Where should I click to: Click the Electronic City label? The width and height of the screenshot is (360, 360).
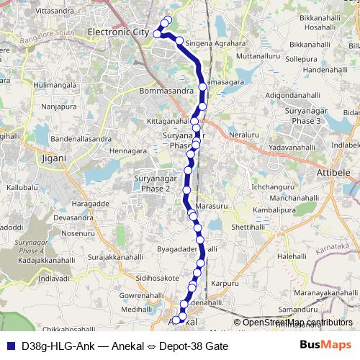[x=117, y=32]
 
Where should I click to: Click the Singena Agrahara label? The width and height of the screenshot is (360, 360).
[x=214, y=43]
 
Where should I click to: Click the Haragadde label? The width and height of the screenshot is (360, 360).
[x=90, y=202]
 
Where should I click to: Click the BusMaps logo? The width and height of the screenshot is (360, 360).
[x=325, y=346]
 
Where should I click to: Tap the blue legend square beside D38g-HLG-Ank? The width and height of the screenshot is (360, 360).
[x=9, y=346]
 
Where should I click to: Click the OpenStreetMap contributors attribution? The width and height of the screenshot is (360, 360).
[x=297, y=323]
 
